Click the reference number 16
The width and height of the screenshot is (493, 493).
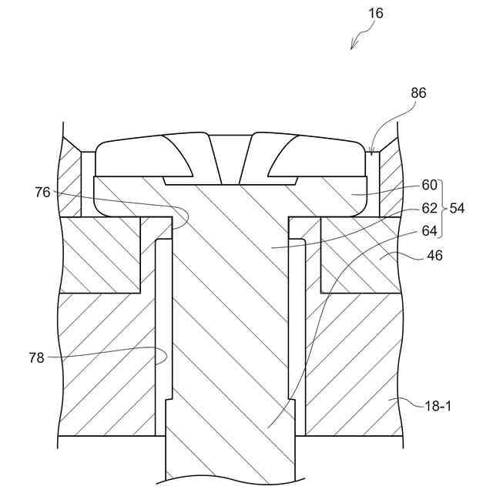click(375, 13)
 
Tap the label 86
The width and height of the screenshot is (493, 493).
click(418, 92)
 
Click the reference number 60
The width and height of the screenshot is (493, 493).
click(429, 185)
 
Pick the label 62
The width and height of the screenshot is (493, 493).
click(429, 208)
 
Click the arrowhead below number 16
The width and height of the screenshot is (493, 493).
click(353, 47)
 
